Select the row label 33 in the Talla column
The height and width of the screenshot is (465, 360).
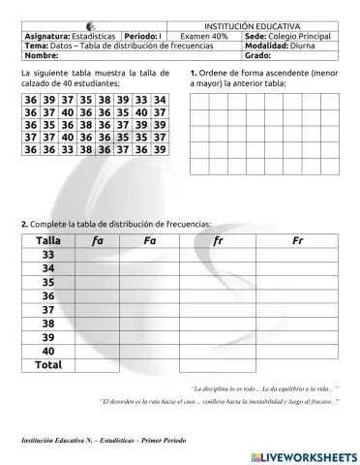(47, 255)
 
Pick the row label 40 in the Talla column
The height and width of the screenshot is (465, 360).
(47, 351)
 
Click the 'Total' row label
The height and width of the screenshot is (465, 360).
(47, 365)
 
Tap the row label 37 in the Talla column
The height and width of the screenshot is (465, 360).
(47, 310)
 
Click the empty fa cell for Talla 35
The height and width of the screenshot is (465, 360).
(98, 282)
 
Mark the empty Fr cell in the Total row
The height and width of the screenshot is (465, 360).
(297, 365)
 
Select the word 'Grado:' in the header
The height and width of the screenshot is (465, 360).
(258, 55)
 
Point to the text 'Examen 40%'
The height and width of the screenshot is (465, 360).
(204, 36)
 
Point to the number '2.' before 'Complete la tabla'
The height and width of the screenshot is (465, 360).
(24, 224)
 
